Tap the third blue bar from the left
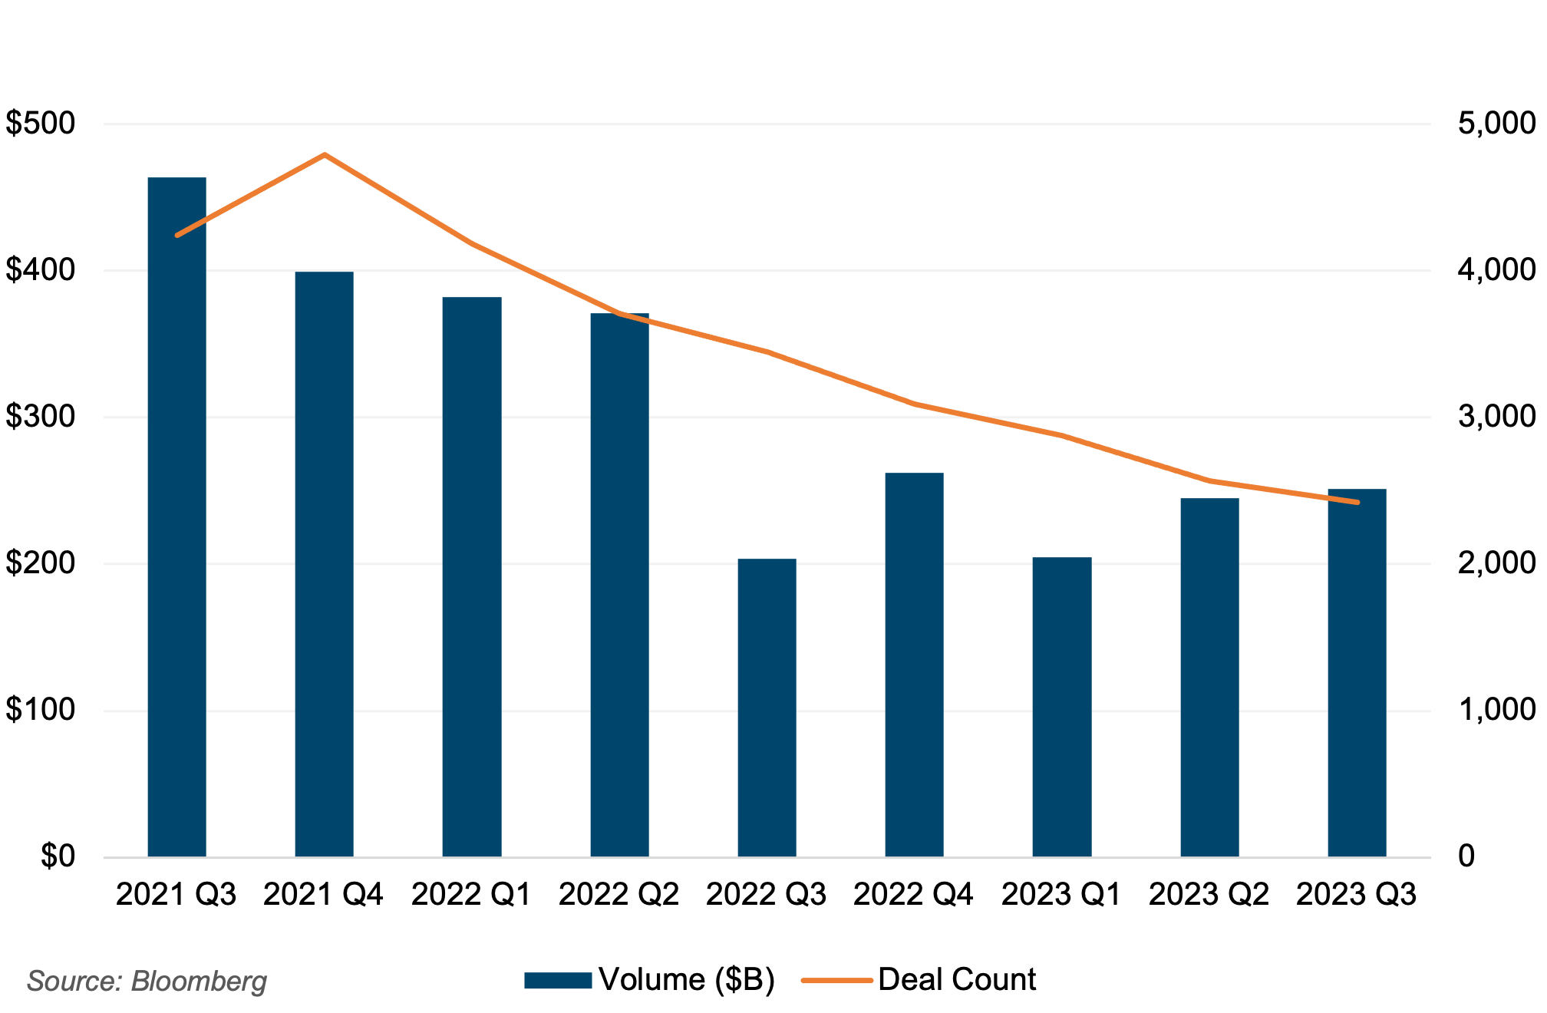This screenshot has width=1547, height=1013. (x=472, y=576)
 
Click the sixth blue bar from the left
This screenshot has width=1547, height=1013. (x=914, y=665)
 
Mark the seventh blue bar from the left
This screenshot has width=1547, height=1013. (x=1061, y=707)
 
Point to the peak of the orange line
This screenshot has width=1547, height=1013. (x=325, y=155)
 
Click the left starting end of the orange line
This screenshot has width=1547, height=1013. (x=177, y=235)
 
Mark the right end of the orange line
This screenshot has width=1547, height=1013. (x=1357, y=502)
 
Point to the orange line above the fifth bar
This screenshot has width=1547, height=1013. (x=767, y=351)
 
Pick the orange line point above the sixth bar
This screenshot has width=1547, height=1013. (x=914, y=404)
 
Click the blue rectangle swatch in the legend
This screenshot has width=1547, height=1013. (x=558, y=981)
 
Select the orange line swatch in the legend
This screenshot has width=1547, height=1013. (x=836, y=981)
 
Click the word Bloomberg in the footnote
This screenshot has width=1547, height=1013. (x=199, y=982)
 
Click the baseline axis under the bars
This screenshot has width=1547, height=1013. (x=767, y=858)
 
